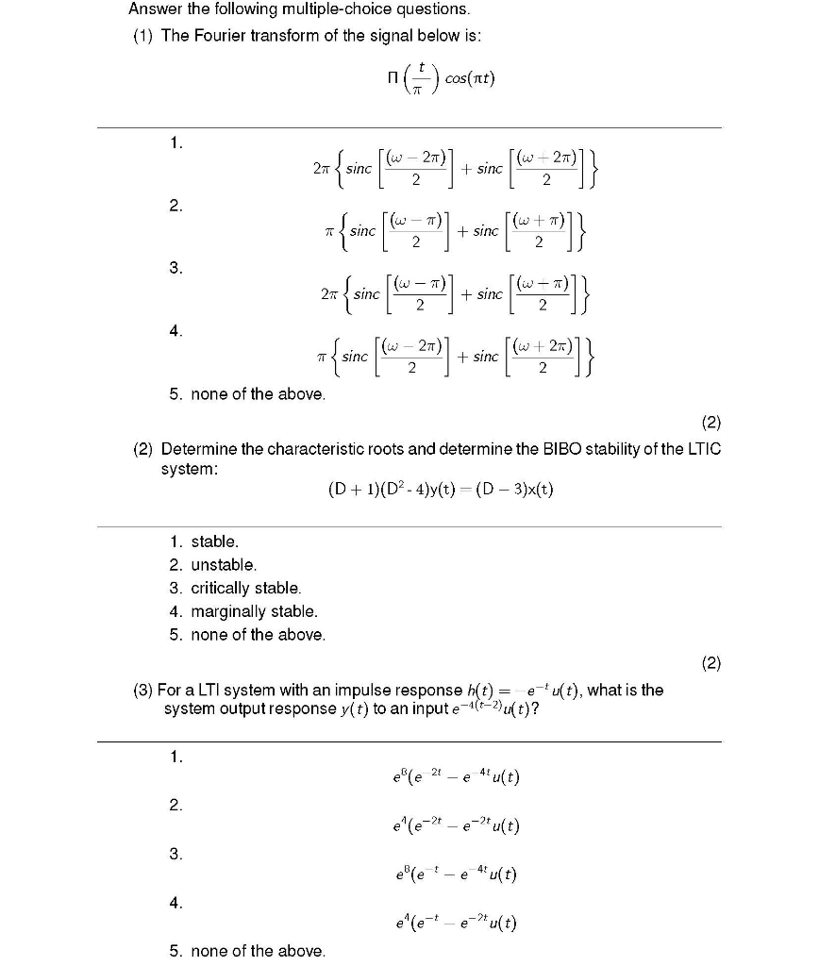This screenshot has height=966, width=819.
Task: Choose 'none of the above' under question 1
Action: tap(258, 393)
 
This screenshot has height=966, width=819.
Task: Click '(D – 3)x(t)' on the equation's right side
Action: tap(515, 490)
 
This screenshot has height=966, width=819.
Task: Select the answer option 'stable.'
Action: tap(215, 541)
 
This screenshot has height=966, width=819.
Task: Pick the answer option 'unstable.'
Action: tap(224, 565)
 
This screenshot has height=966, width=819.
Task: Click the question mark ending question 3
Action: tap(536, 709)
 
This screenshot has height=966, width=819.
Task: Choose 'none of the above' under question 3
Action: tap(258, 951)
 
